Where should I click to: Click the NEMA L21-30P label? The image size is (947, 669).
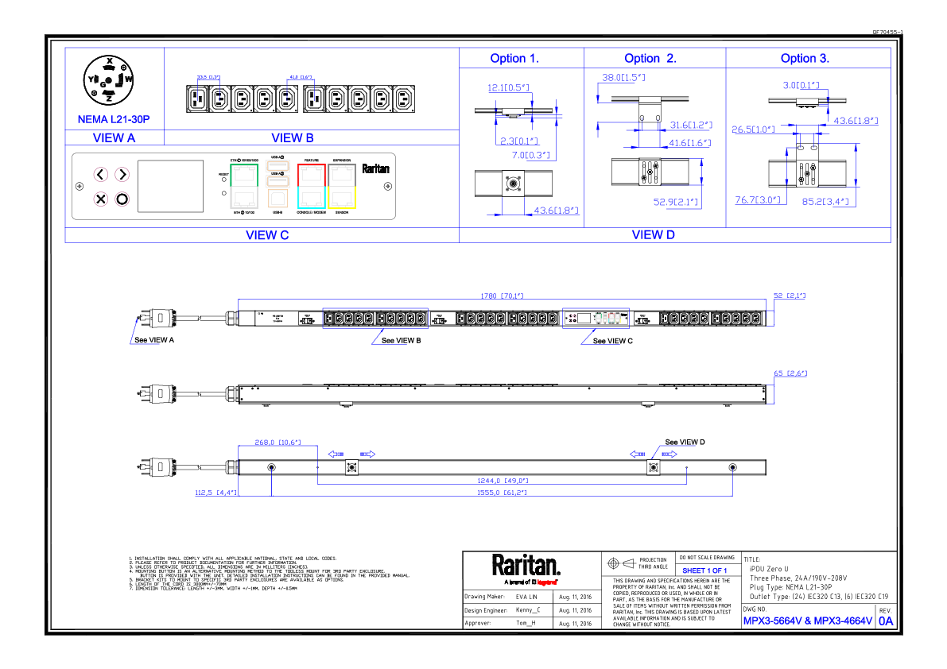tap(114, 120)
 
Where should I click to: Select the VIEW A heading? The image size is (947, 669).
tap(114, 138)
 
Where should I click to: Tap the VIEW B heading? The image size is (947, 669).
tap(292, 138)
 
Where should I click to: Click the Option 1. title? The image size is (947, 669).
tap(514, 59)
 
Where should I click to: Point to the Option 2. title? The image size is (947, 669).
tap(650, 59)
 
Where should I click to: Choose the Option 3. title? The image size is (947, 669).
tap(805, 59)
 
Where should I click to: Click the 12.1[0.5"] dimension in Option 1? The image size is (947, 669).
tap(508, 88)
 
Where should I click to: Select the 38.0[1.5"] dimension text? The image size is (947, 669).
tap(623, 78)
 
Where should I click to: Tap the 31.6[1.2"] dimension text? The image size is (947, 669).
tap(690, 126)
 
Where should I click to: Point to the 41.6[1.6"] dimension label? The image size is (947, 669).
tap(689, 143)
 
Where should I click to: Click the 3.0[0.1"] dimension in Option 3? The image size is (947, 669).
tap(801, 85)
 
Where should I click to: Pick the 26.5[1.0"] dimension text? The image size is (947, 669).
tap(753, 130)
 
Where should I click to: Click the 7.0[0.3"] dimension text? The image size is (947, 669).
tap(531, 155)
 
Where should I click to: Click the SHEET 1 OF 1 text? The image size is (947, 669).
tap(704, 571)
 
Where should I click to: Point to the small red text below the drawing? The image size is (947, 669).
tap(546, 582)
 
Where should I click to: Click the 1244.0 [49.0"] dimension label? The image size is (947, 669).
tap(502, 481)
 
